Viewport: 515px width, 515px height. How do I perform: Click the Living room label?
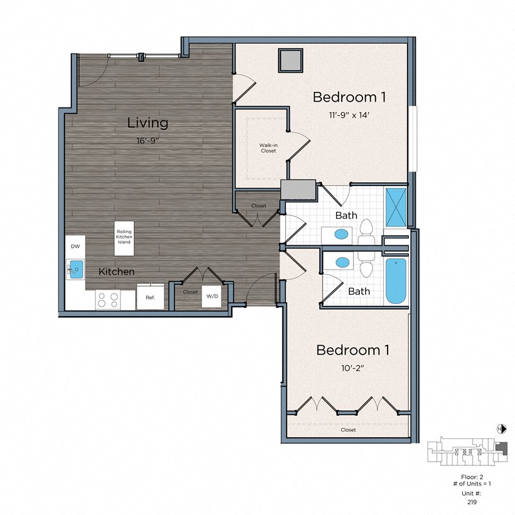(147, 122)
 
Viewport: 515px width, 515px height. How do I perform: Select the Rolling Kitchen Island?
(124, 235)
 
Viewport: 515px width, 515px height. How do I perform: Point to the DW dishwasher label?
(75, 246)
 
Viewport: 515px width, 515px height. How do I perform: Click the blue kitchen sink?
(76, 267)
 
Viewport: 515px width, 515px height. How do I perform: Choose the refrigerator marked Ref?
(150, 297)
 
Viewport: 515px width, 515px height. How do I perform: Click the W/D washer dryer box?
(211, 297)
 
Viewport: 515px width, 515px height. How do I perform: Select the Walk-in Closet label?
(268, 148)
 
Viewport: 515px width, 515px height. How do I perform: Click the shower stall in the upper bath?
(395, 206)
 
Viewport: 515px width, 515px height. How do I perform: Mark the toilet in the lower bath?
(367, 265)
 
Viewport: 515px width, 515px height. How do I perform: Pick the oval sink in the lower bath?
(343, 263)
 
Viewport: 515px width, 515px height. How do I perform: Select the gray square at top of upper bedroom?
(290, 60)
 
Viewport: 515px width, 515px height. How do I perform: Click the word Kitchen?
(117, 272)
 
